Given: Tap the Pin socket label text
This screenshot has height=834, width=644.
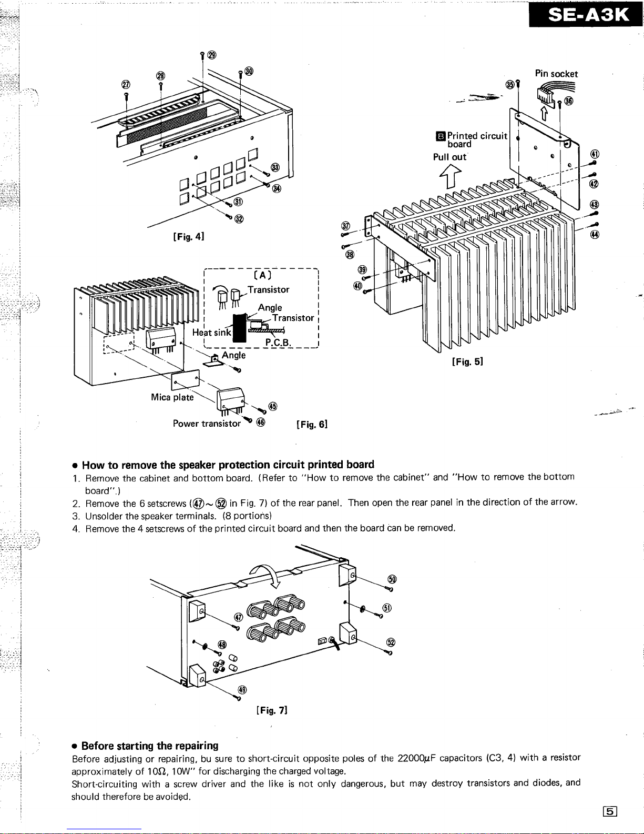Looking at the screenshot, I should [556, 74].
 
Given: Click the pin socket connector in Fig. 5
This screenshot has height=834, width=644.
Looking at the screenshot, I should [544, 95].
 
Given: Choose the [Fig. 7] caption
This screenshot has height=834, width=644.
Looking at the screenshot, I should [271, 711].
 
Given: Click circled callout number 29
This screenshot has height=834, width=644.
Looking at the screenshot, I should [211, 55].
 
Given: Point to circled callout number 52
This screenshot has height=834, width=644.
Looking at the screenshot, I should [391, 642].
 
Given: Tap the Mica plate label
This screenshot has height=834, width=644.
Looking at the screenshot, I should [172, 397].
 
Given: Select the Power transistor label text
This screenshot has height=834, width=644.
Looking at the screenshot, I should [207, 424].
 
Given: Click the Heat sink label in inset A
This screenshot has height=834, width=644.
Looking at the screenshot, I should [211, 332].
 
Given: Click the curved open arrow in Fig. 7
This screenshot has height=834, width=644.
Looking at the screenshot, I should [267, 574].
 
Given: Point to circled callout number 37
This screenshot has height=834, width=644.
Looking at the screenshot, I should [345, 226].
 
